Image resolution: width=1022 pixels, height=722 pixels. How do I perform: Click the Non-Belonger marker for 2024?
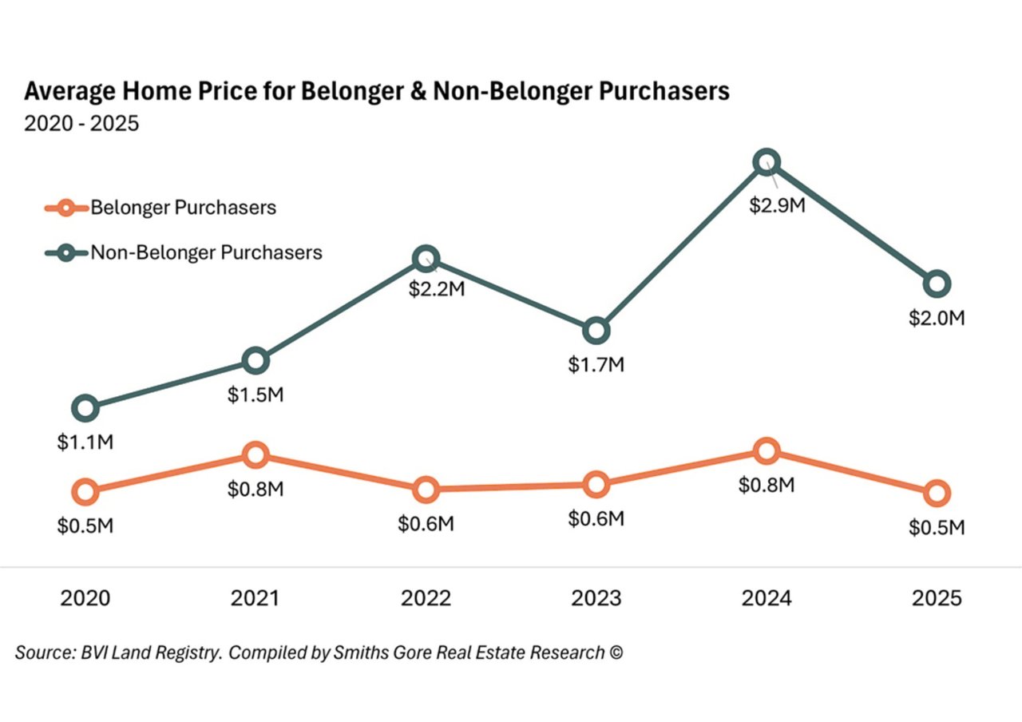pos(766,162)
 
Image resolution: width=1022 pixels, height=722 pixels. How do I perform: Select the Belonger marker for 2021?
pos(255,455)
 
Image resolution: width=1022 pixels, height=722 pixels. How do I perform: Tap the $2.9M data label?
pos(777,204)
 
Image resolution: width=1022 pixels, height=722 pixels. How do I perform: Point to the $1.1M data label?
pos(85,442)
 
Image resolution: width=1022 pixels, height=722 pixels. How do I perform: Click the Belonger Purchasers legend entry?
pos(183,208)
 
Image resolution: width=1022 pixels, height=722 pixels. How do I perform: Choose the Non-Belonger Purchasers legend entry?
pos(206,253)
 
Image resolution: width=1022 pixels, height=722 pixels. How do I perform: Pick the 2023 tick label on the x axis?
pos(596,598)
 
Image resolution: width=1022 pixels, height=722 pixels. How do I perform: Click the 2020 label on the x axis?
pos(86,598)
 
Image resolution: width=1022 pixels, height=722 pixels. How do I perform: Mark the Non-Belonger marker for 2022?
pos(426,258)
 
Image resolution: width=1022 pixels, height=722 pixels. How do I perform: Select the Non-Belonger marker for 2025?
pos(937,283)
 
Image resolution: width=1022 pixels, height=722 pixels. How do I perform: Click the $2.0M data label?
pos(937,318)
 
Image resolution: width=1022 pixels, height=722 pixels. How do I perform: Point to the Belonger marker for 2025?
pos(937,493)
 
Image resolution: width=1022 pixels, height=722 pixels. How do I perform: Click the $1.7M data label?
pos(596,365)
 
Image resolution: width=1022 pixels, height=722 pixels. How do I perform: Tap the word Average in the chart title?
pos(65,92)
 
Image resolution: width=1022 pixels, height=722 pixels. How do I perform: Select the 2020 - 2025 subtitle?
pos(81,125)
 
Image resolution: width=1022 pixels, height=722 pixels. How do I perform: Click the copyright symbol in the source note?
pos(615,653)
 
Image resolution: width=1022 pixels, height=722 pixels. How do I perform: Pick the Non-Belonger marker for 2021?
pos(255,361)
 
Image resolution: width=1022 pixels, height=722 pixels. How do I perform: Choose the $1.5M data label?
pos(255,395)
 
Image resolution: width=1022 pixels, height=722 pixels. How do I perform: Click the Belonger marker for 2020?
pos(86,491)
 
